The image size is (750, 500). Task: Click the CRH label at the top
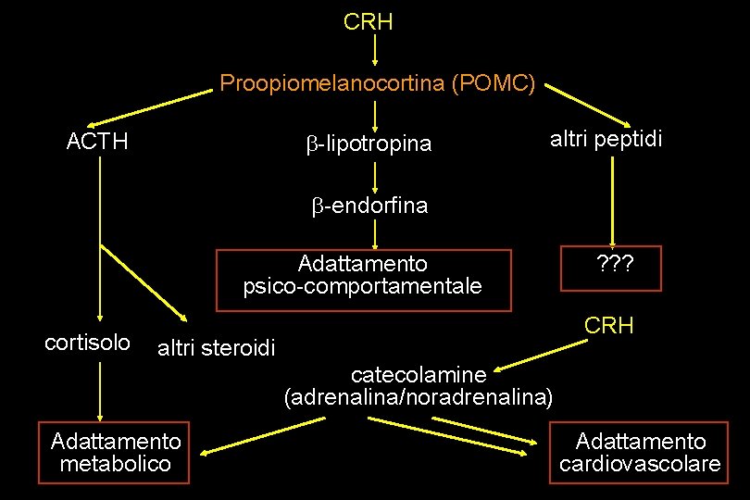(369, 21)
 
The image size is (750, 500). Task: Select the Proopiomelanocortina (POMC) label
(377, 84)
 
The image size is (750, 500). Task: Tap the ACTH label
(97, 142)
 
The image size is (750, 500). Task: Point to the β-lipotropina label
(369, 144)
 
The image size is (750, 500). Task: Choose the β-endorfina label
(369, 206)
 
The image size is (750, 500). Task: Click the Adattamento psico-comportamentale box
(363, 276)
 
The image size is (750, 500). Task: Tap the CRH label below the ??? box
(608, 326)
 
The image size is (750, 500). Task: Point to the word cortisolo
(88, 343)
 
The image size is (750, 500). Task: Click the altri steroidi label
(217, 349)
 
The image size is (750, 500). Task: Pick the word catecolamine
(419, 375)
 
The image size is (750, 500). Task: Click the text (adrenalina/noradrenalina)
(419, 398)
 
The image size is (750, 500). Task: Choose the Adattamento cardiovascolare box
(640, 453)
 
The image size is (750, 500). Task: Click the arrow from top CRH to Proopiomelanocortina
(374, 51)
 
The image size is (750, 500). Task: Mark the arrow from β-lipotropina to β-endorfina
(374, 174)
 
